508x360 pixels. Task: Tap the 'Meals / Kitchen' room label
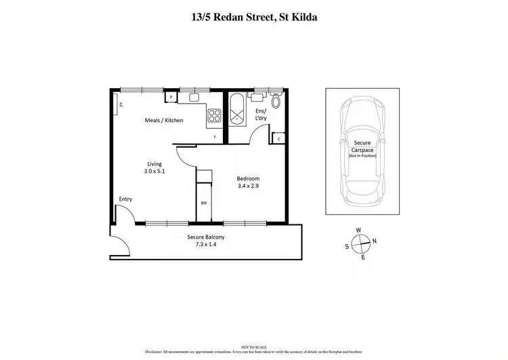(x=165, y=121)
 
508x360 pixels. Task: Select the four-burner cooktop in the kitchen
(x=215, y=115)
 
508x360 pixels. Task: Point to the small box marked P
(x=172, y=98)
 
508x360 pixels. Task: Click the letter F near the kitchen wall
(x=215, y=138)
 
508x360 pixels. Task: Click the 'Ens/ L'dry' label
(x=261, y=115)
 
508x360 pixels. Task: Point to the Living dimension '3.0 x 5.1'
(x=154, y=172)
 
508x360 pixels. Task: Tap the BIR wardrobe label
(x=203, y=203)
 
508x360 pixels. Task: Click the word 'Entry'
(x=125, y=199)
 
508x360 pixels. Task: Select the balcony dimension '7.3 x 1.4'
(x=206, y=245)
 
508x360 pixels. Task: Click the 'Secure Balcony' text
(x=206, y=237)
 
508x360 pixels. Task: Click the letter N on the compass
(x=374, y=242)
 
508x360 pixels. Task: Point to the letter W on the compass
(x=359, y=231)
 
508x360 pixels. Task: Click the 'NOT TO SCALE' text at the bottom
(x=253, y=346)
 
